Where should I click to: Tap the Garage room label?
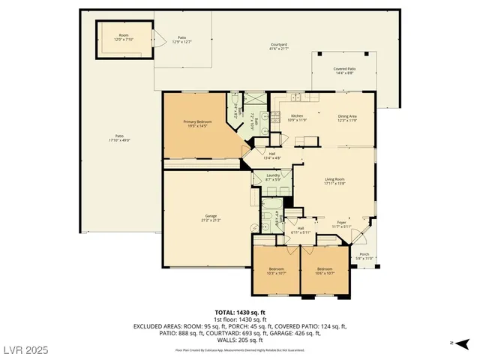click(x=210, y=219)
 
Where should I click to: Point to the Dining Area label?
click(x=346, y=118)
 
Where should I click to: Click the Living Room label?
click(x=334, y=181)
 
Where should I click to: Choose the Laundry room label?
click(x=273, y=177)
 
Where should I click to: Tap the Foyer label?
click(x=341, y=224)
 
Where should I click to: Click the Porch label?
click(x=364, y=256)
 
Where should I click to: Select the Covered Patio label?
click(x=344, y=70)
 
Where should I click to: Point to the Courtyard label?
click(x=279, y=47)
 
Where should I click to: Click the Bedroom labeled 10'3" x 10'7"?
click(x=276, y=271)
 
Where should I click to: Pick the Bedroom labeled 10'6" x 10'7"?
click(x=324, y=271)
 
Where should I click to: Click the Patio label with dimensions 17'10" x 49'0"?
click(x=119, y=137)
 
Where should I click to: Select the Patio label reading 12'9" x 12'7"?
click(x=182, y=39)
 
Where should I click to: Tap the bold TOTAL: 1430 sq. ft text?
click(x=240, y=311)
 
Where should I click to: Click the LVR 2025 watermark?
click(x=25, y=351)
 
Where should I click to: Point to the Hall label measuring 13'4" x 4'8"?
click(x=272, y=155)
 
